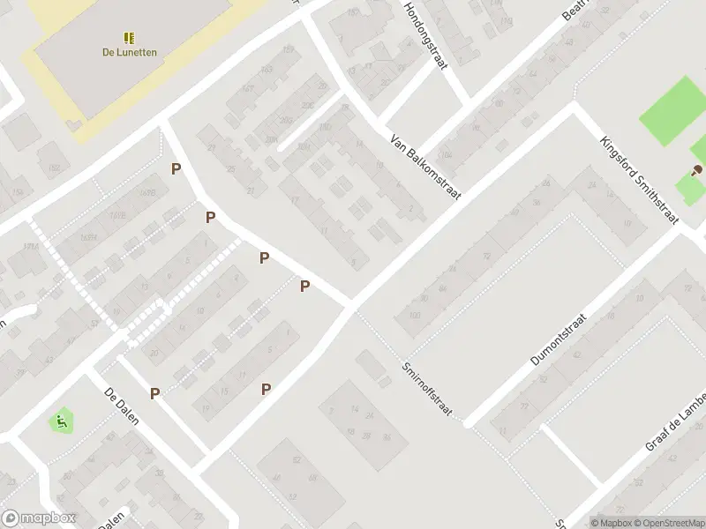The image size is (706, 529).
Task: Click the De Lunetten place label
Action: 129,52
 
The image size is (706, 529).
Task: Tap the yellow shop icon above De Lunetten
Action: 129,38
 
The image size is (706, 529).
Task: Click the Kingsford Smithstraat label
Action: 637,181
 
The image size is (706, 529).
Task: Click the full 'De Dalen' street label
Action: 122,407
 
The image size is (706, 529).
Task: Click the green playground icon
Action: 61,421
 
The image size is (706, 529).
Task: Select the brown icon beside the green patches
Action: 697,169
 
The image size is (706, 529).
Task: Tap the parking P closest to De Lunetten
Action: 176,168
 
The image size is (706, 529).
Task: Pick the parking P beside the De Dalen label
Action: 155,393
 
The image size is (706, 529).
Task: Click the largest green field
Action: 672,111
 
